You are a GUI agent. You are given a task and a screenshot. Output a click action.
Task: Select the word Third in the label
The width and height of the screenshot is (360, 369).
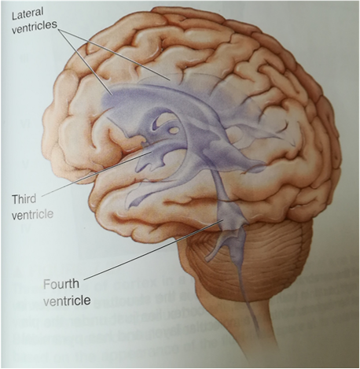(24, 199)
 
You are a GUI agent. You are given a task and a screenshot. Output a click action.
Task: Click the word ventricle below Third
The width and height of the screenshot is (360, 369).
(33, 215)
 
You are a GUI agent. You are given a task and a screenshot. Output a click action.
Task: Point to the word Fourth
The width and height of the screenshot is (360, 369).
(61, 284)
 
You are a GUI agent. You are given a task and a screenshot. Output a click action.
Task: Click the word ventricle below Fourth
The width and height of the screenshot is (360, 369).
(67, 300)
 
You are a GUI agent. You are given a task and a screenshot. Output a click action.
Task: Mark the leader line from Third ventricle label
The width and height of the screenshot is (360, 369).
(97, 173)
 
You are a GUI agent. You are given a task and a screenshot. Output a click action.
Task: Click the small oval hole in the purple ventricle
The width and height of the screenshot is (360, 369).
(173, 130)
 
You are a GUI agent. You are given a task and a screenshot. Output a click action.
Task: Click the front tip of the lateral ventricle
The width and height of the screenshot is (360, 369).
(104, 99)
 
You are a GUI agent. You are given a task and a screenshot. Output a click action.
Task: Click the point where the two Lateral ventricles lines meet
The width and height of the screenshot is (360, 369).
(60, 30)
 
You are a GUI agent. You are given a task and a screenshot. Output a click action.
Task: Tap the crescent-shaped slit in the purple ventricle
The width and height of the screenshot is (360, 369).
(155, 124)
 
